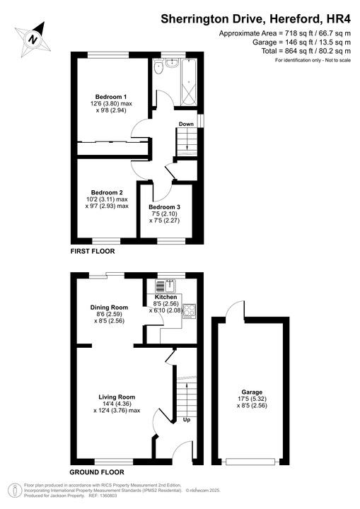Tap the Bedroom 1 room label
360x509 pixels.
pyautogui.click(x=110, y=96)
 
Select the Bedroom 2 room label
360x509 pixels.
pyautogui.click(x=107, y=192)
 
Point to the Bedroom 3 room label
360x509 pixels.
pyautogui.click(x=165, y=206)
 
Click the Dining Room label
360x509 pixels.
pyautogui.click(x=109, y=307)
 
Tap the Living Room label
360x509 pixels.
pyautogui.click(x=117, y=397)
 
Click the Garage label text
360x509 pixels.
pyautogui.click(x=252, y=392)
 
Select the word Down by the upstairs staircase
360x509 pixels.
pyautogui.click(x=186, y=124)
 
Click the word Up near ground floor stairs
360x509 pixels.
pyautogui.click(x=187, y=420)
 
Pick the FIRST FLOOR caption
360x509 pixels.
pyautogui.click(x=92, y=251)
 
